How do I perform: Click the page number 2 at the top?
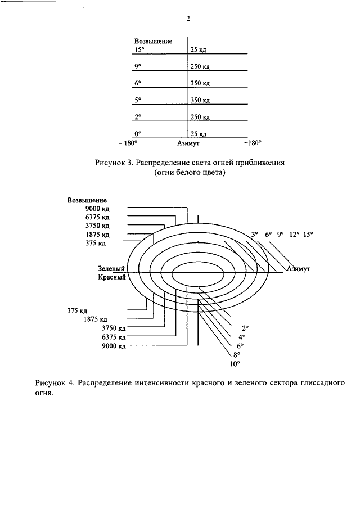pos(188,19)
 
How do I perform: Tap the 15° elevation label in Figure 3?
pos(139,49)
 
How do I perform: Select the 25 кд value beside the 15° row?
pos(199,49)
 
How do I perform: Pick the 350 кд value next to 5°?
pos(200,100)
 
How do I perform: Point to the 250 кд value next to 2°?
pos(200,117)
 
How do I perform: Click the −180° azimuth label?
pos(128,143)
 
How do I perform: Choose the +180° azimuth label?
pos(253,143)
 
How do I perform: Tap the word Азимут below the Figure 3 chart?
pos(188,143)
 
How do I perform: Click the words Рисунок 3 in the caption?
pos(114,163)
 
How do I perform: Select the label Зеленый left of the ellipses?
pos(111,268)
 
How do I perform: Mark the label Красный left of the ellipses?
pos(112,277)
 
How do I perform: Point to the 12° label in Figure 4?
pos(294,235)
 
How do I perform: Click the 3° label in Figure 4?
pos(254,235)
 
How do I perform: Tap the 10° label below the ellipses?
pos(235,364)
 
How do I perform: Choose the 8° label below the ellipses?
pos(237,355)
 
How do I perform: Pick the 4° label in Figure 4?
pos(241,337)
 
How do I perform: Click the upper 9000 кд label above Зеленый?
pos(97,209)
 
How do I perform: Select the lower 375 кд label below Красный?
pos(77,310)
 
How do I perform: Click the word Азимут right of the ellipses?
pos(299,269)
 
